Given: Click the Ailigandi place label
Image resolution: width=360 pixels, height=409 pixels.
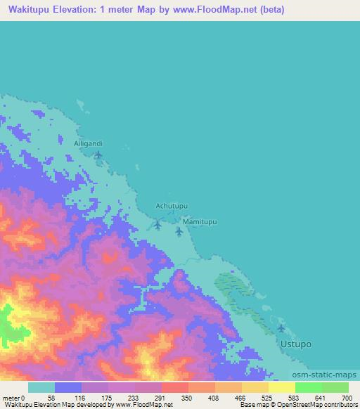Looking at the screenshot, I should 89,143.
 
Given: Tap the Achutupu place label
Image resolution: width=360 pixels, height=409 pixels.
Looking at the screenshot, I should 172,206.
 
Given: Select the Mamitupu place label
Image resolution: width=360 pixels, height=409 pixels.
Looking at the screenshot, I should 200,221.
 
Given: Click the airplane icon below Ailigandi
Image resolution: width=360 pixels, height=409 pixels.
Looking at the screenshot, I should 98,154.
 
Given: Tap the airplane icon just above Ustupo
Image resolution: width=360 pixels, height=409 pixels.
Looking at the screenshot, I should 282,328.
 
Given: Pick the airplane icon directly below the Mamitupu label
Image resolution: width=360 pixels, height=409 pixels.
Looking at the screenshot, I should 179,231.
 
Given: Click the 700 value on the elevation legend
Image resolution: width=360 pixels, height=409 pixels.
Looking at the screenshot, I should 345,397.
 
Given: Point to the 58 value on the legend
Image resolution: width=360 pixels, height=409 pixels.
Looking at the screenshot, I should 51,397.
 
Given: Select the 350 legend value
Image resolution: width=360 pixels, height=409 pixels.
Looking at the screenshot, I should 185,397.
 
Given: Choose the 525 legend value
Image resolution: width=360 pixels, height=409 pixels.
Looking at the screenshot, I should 265,397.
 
